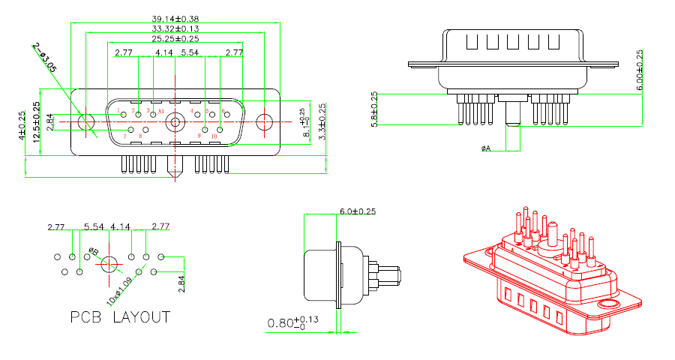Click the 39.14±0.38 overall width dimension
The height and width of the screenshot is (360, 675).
tap(176, 18)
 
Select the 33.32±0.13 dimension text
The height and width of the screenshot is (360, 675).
tap(176, 28)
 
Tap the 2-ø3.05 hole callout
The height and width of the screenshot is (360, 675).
tap(45, 58)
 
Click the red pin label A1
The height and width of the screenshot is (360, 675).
tap(161, 111)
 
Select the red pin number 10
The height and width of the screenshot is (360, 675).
tap(214, 136)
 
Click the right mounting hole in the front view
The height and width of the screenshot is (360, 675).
tap(265, 121)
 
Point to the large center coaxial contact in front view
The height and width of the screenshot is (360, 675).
tap(175, 121)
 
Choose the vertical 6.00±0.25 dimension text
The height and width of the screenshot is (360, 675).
tap(639, 70)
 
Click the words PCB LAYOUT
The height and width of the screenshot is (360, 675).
tap(120, 317)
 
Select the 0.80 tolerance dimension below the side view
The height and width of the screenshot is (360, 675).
tap(292, 323)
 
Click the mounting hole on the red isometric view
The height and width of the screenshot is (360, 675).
tap(609, 304)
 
